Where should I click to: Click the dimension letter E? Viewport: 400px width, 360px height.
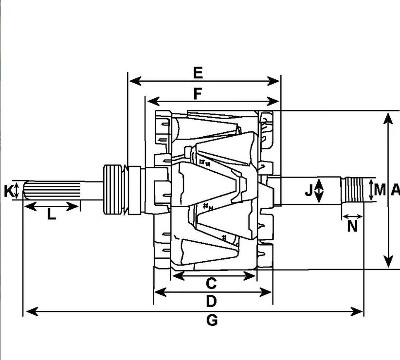(x=197, y=73)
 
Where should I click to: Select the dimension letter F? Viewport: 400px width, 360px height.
(x=197, y=93)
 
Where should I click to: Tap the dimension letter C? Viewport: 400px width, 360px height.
(x=211, y=283)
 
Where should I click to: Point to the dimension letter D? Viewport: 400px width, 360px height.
(x=211, y=302)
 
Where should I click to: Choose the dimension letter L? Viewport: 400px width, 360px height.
(x=51, y=214)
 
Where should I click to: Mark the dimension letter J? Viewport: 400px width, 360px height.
(x=309, y=191)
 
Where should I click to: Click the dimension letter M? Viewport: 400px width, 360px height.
(x=380, y=190)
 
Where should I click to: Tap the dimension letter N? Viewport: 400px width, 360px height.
(x=352, y=226)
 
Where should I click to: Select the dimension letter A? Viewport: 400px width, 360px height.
(x=395, y=190)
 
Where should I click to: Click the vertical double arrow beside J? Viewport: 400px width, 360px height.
(x=319, y=191)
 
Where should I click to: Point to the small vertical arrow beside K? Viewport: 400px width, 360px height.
(x=18, y=190)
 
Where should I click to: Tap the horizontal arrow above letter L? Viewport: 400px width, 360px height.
(x=52, y=206)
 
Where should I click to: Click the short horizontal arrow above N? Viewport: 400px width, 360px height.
(x=352, y=216)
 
